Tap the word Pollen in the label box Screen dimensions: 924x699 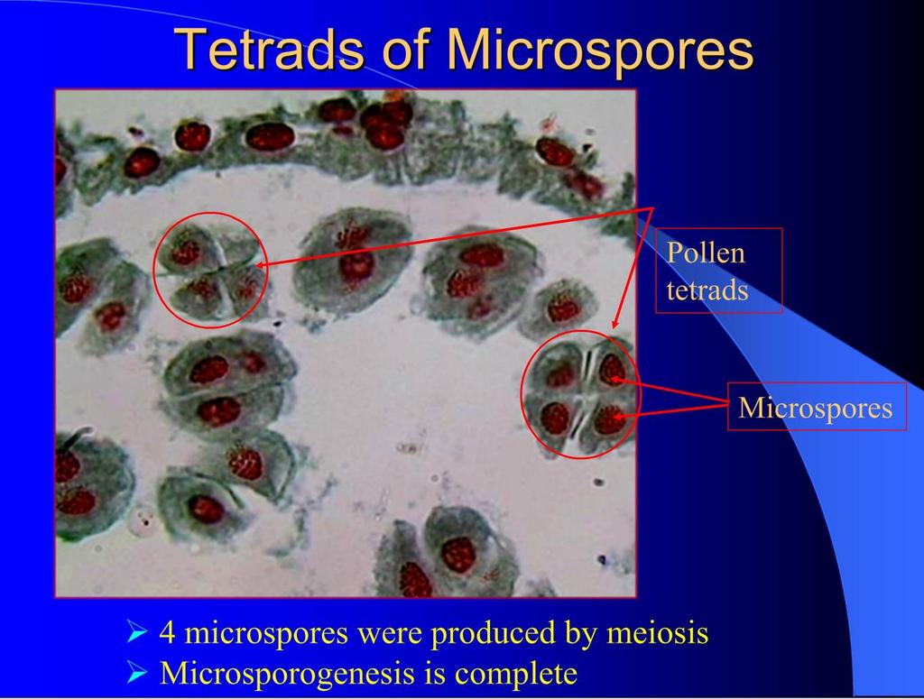[706, 253]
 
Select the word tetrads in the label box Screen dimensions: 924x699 [707, 290]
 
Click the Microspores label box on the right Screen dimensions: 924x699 [817, 407]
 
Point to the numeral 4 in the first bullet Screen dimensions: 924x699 [167, 634]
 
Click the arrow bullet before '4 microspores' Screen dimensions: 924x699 [137, 634]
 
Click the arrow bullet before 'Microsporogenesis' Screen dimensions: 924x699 [137, 673]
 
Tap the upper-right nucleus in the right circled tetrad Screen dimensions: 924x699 [613, 370]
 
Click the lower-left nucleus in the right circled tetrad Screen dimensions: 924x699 [555, 418]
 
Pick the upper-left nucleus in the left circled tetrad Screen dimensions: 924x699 [186, 252]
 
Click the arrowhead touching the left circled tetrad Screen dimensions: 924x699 [261, 265]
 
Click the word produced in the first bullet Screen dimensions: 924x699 [499, 634]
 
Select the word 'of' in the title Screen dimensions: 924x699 [409, 49]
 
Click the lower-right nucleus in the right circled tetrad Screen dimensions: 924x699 [609, 419]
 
